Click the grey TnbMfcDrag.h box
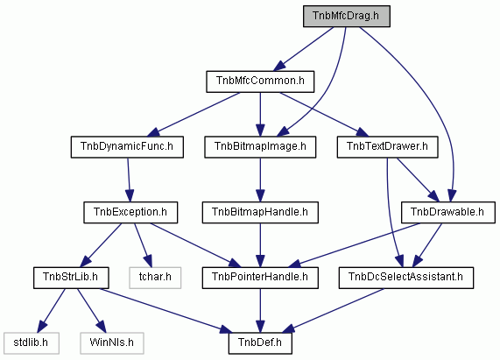(x=346, y=16)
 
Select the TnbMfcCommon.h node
(x=260, y=81)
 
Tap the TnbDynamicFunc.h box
(x=127, y=147)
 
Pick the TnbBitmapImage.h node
(x=260, y=147)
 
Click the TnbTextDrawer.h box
(x=387, y=147)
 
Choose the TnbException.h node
(x=130, y=212)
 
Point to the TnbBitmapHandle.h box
(x=260, y=212)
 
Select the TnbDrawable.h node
(x=447, y=212)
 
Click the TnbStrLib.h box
(x=71, y=278)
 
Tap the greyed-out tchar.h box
(x=155, y=278)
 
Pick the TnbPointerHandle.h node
(x=260, y=278)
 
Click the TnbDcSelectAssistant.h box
(x=406, y=278)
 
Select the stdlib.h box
(x=32, y=343)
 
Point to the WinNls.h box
(x=111, y=343)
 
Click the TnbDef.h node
(x=260, y=343)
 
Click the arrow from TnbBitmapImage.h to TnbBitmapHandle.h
(x=260, y=180)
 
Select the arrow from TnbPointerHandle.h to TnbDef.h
(x=260, y=311)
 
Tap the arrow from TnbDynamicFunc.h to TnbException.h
(x=129, y=180)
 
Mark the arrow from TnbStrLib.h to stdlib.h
(x=52, y=311)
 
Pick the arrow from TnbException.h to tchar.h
(x=143, y=245)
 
